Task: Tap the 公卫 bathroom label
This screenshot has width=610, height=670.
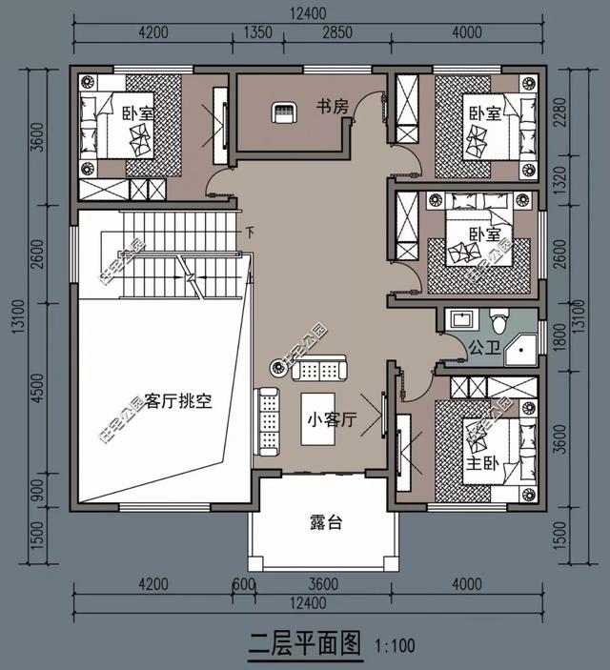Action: tap(481, 349)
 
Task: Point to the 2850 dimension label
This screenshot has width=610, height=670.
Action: tap(336, 32)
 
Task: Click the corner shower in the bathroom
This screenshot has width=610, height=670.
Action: tap(520, 350)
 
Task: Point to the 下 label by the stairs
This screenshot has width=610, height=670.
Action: tap(250, 232)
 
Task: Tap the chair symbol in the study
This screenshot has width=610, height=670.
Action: tap(283, 112)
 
